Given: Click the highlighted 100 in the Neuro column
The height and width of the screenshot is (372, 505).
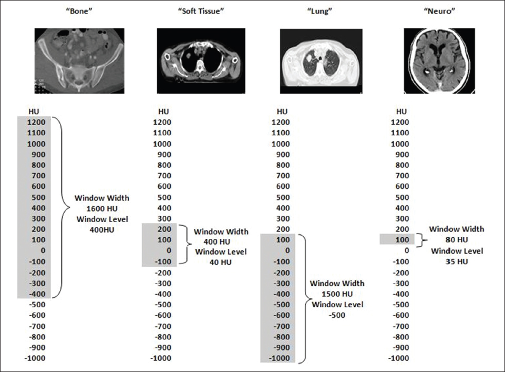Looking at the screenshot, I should [x=401, y=240].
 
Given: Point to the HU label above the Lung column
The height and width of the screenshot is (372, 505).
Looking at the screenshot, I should [x=282, y=111].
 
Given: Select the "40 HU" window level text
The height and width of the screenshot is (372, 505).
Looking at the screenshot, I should [x=220, y=262].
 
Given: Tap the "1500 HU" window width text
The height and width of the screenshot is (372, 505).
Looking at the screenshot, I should [x=336, y=294].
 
